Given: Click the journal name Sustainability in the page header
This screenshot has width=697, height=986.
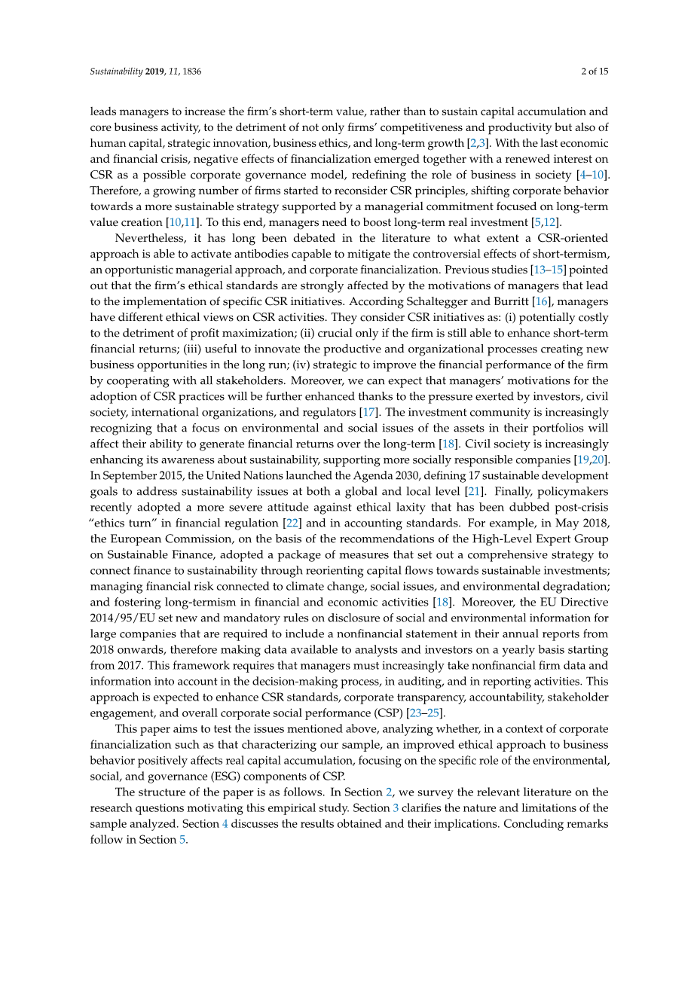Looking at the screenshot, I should (x=116, y=72).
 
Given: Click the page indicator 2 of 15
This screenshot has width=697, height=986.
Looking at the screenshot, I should (x=595, y=72).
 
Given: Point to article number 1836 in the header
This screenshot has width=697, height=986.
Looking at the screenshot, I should (x=191, y=72).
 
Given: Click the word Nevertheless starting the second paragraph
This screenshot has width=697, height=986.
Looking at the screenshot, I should (x=150, y=238).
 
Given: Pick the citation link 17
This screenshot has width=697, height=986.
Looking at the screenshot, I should (x=368, y=412).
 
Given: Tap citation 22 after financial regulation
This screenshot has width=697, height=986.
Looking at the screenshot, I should (x=292, y=523).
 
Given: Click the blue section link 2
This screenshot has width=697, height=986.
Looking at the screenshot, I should (x=389, y=792).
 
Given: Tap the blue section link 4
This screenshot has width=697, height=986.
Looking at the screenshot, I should (x=225, y=823).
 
